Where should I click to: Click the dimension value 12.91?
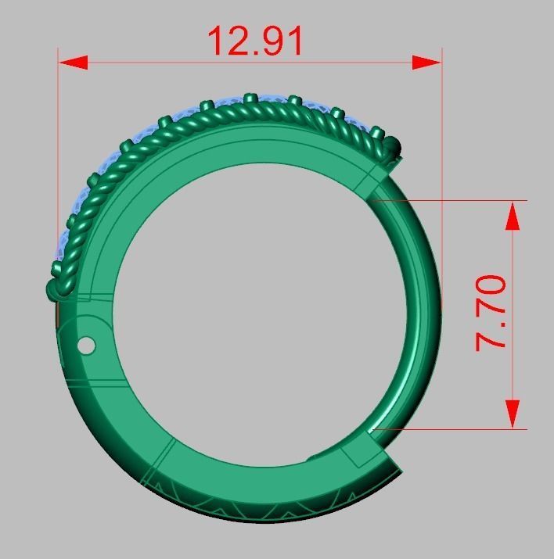(x=255, y=41)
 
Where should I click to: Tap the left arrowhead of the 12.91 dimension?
(x=71, y=63)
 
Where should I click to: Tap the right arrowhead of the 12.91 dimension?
(x=427, y=63)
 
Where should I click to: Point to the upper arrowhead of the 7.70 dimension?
(x=513, y=215)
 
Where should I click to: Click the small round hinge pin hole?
(x=87, y=345)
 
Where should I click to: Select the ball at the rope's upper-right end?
(x=394, y=145)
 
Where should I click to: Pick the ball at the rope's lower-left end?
(x=55, y=290)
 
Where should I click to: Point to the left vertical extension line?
(x=59, y=156)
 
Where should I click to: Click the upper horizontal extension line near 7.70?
(x=469, y=200)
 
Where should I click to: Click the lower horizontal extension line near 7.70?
(x=469, y=428)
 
